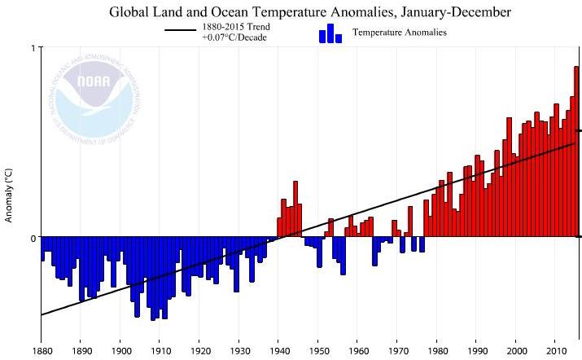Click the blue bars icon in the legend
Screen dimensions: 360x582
point(329,33)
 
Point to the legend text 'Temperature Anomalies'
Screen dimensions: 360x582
point(399,33)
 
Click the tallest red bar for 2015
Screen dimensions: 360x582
point(576,151)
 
